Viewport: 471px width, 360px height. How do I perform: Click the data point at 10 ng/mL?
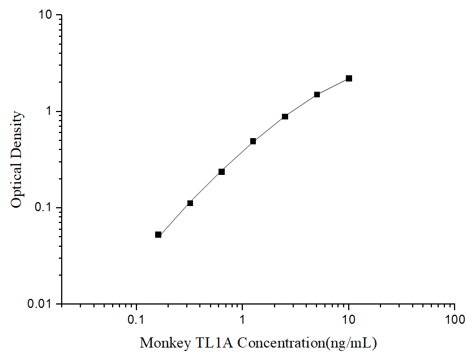(x=349, y=78)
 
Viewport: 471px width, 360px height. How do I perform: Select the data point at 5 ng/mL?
(x=317, y=95)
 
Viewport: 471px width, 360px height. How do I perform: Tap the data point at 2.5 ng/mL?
(x=285, y=117)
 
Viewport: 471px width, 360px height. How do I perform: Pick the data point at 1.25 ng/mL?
(x=253, y=141)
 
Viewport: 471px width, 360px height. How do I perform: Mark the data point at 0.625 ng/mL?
(x=221, y=172)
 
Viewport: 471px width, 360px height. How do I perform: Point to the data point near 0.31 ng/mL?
(x=190, y=203)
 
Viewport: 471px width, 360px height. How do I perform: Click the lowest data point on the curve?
(x=158, y=234)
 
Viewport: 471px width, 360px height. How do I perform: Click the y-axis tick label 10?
(x=45, y=15)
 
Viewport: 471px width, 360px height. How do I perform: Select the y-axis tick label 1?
(x=49, y=112)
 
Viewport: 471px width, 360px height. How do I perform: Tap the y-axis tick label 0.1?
(x=45, y=208)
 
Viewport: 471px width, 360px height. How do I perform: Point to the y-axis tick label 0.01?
(x=42, y=304)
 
